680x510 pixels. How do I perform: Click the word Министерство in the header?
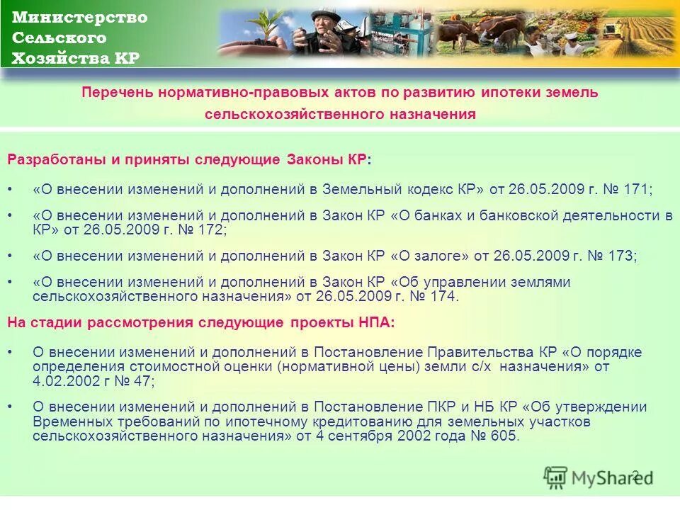(x=80, y=18)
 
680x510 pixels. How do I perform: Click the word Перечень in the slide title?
(x=113, y=92)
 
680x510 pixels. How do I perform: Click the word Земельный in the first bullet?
(x=363, y=190)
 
